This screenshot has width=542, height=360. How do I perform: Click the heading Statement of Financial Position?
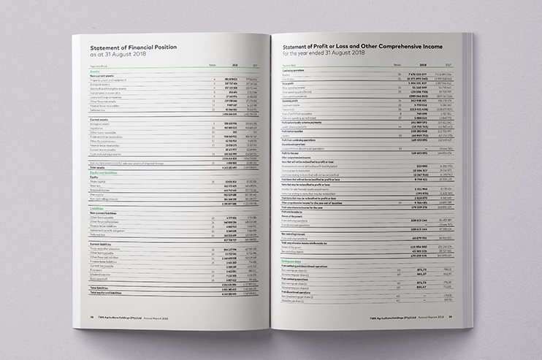pyautogui.click(x=138, y=45)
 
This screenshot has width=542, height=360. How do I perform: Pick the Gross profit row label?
pyautogui.click(x=289, y=83)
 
